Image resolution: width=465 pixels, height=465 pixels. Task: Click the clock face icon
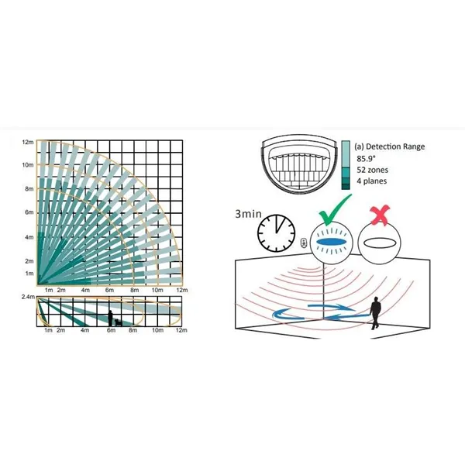click(276, 233)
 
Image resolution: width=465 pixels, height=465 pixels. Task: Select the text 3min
click(248, 214)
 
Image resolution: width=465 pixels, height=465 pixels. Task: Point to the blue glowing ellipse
click(331, 242)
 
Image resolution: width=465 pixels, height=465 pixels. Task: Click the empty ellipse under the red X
click(379, 243)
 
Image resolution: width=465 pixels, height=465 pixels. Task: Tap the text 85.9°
click(366, 159)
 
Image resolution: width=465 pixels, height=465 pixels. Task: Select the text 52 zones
click(372, 170)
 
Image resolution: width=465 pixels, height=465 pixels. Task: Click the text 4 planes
click(371, 181)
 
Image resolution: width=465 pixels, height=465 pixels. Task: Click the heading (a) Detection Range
click(389, 146)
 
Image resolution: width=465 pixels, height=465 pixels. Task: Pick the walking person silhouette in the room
click(375, 313)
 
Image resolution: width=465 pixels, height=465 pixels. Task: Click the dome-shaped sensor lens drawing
click(300, 164)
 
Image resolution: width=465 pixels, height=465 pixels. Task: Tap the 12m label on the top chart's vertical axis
click(28, 142)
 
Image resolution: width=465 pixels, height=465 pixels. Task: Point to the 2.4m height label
click(28, 297)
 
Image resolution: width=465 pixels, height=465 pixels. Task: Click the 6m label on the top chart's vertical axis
click(29, 212)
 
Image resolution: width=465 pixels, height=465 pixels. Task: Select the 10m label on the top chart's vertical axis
click(28, 165)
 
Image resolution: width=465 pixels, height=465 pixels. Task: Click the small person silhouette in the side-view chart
click(110, 319)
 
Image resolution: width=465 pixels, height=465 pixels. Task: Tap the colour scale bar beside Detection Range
click(346, 165)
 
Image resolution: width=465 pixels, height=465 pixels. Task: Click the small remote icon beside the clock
click(305, 243)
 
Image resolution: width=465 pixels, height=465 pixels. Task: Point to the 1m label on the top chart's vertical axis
click(29, 273)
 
